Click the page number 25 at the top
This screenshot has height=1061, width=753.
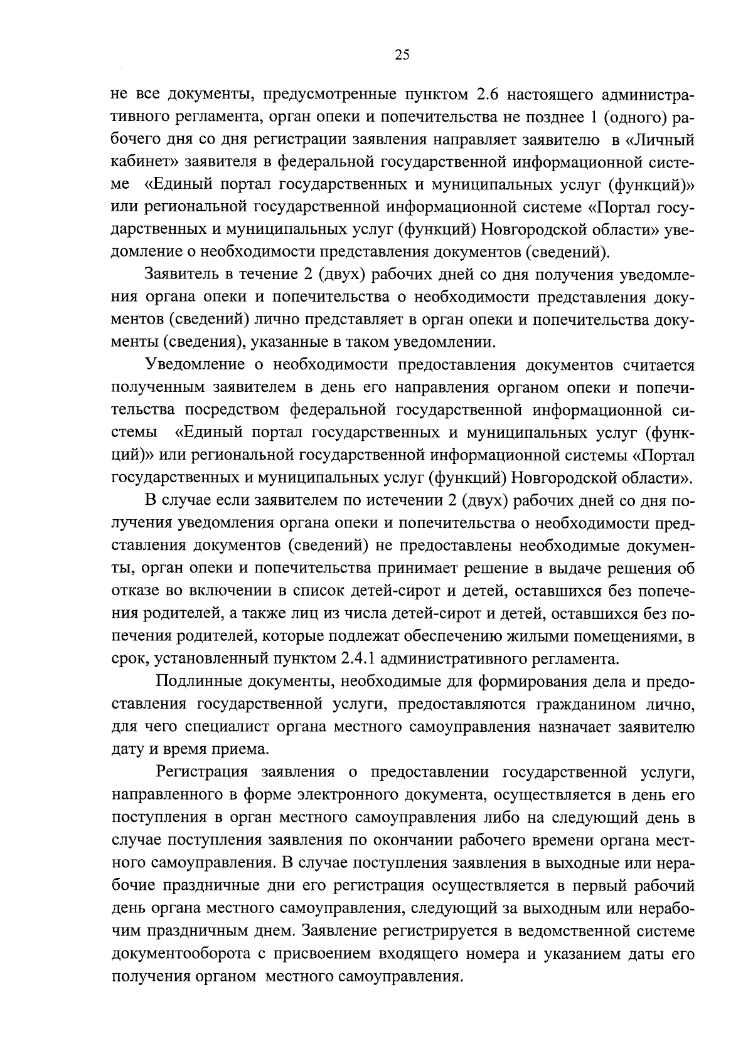pos(402,55)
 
